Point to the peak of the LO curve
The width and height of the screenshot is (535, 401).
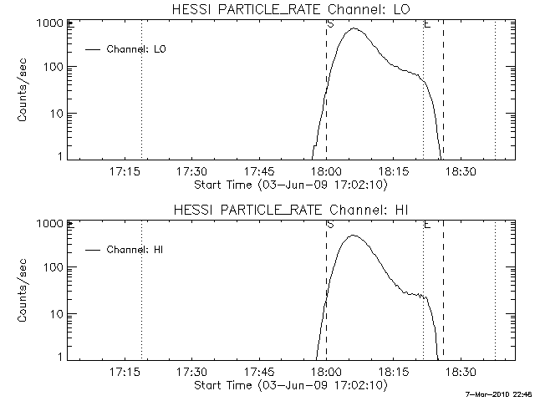click(x=354, y=28)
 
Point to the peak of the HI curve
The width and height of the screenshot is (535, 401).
click(x=353, y=235)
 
